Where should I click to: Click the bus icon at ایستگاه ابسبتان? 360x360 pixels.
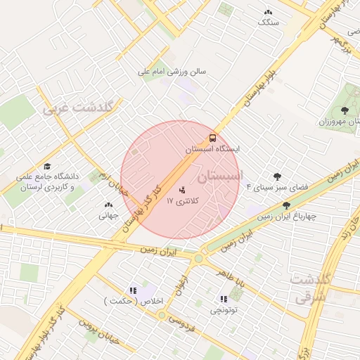click(x=212, y=139)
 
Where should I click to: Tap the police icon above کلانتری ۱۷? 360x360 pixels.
click(x=183, y=189)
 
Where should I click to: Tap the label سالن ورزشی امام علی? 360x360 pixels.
click(x=176, y=72)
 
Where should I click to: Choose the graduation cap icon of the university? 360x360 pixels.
click(x=47, y=167)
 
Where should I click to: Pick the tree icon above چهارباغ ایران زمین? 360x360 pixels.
click(x=286, y=205)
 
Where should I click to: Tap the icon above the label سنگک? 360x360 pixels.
click(x=268, y=13)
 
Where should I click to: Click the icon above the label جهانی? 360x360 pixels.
click(x=107, y=205)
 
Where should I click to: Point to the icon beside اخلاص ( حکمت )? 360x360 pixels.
click(x=132, y=290)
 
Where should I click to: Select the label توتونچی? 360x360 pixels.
click(x=224, y=309)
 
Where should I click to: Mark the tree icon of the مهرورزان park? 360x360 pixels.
click(x=344, y=110)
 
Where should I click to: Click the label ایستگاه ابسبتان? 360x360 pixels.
click(x=213, y=150)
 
